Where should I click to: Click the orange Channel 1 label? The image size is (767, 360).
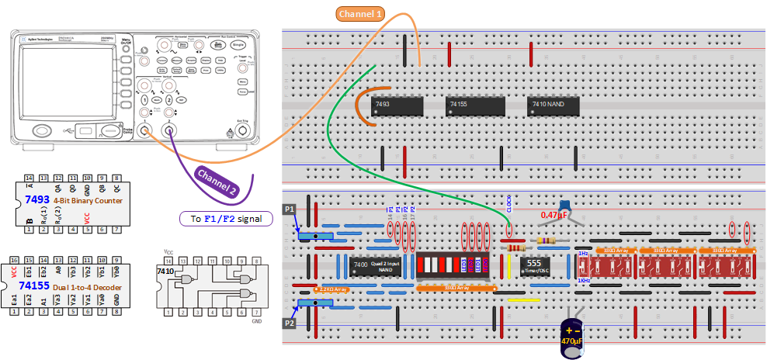tap(360, 14)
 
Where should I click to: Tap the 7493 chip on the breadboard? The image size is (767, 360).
tap(398, 107)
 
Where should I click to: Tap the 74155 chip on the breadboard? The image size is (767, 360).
tap(476, 107)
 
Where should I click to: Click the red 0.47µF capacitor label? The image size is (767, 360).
tap(557, 215)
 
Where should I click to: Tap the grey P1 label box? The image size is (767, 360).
tap(290, 209)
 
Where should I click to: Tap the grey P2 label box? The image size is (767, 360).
tap(290, 323)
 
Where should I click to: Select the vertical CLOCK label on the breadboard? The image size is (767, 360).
tap(509, 205)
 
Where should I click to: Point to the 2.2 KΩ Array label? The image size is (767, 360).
tap(326, 289)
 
